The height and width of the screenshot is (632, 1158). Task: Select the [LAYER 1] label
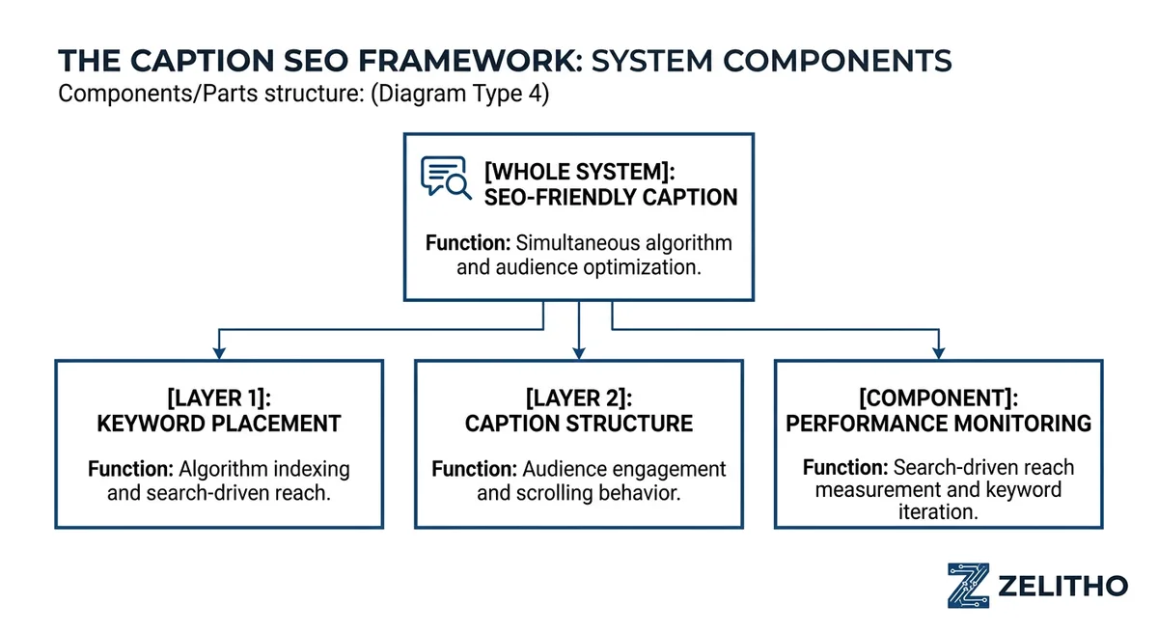pos(218,397)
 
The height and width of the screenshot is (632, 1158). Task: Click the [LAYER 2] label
pos(578,397)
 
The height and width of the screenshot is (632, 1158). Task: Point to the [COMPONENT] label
pos(938,397)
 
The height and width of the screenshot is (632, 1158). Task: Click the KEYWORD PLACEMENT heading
pos(218,424)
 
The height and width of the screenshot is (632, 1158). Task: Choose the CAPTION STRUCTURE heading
pos(578,424)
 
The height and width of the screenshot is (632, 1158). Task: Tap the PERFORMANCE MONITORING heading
pos(938,424)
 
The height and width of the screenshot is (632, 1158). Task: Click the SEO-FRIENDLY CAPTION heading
pos(611,198)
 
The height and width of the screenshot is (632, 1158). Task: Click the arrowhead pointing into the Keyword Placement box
pos(219,352)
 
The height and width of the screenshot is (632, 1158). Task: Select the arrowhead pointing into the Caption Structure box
pos(578,352)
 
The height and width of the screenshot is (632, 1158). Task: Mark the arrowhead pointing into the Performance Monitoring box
pos(937,352)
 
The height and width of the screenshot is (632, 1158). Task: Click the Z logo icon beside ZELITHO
pos(968,586)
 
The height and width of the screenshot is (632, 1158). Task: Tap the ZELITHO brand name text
pos(1062,586)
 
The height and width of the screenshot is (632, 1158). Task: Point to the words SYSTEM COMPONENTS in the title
pos(771,61)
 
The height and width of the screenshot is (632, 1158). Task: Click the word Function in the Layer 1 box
pos(128,470)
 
